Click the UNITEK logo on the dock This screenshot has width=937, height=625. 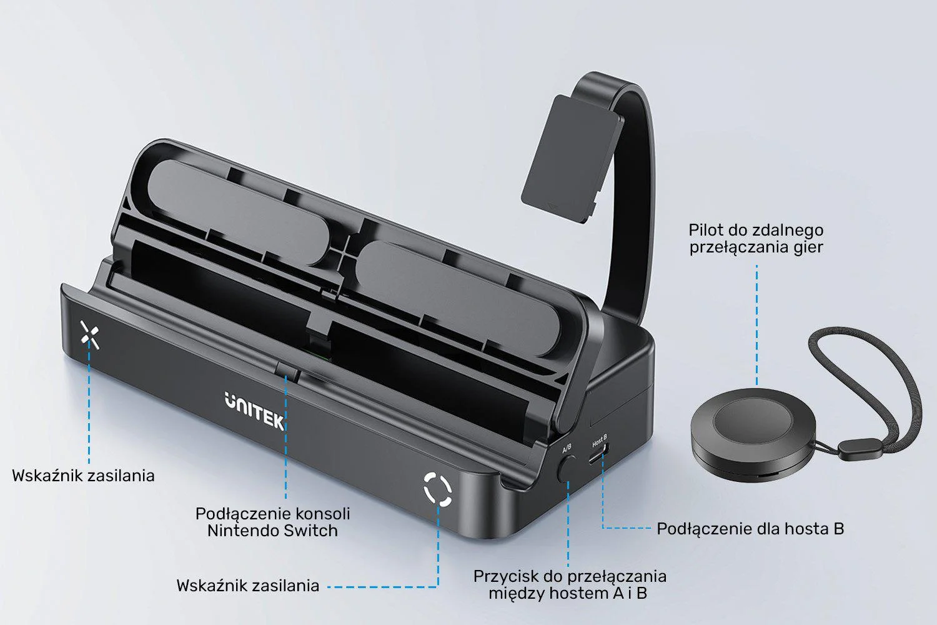[x=254, y=411]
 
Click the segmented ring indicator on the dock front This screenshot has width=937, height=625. [x=437, y=489]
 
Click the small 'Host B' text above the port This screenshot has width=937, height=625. [x=600, y=444]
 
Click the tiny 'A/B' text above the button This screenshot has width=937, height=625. [x=567, y=448]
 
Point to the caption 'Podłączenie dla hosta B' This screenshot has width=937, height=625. [x=750, y=529]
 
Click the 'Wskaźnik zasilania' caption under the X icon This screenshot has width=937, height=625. [x=83, y=476]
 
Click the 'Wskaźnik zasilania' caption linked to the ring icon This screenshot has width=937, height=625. [x=247, y=586]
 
